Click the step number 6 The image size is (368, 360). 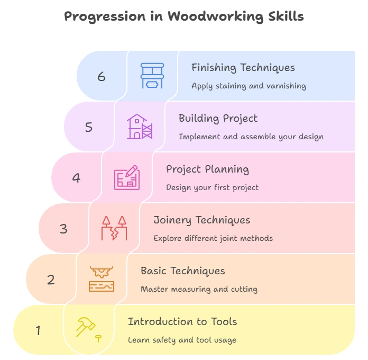click(102, 77)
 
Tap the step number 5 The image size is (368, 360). click(89, 127)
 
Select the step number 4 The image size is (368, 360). click(76, 178)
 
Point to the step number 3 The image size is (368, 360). click(63, 229)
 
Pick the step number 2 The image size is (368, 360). click(51, 280)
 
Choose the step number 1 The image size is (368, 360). click(38, 330)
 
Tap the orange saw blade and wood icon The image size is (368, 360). click(102, 279)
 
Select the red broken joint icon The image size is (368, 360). click(114, 228)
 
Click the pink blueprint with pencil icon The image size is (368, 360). click(127, 177)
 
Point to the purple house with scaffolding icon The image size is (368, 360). click(140, 127)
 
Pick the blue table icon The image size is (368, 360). click(152, 76)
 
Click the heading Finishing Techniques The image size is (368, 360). click(243, 68)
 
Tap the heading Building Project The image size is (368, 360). click(218, 119)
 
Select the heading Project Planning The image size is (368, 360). click(207, 169)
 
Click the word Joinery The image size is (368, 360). click(172, 220)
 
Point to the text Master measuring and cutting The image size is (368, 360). click(199, 289)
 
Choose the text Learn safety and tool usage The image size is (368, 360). click(182, 340)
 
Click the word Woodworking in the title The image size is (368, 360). click(215, 17)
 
